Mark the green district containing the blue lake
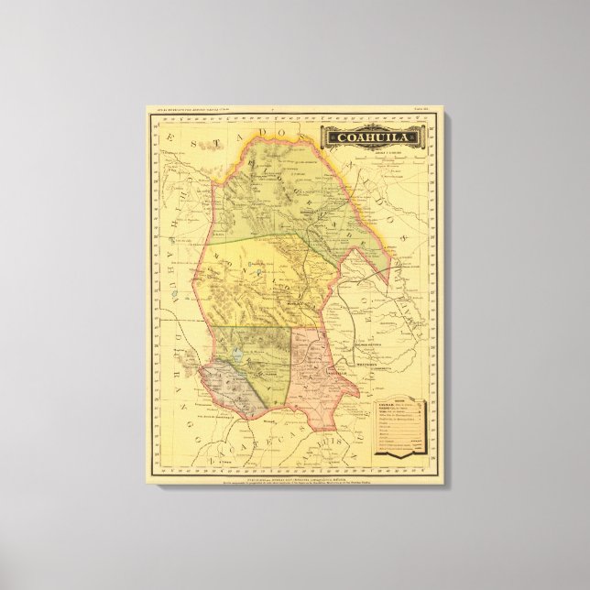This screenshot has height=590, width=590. pos(257,348)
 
